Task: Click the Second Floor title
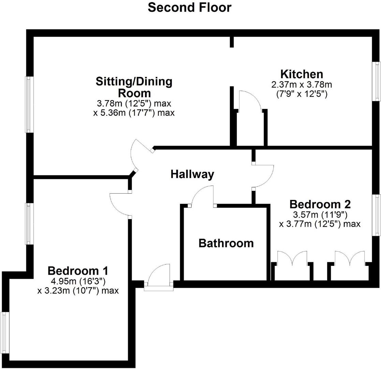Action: click(x=190, y=7)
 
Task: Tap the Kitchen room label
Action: click(x=302, y=74)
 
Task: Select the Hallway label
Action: click(x=192, y=174)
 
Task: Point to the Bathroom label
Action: click(x=226, y=243)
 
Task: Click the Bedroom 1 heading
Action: click(x=78, y=271)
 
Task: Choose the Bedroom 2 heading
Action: click(x=320, y=204)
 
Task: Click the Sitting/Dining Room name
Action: click(x=134, y=87)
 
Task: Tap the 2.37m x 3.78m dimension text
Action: click(x=302, y=85)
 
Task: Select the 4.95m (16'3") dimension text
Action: click(x=78, y=282)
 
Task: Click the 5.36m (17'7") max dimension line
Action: click(x=134, y=113)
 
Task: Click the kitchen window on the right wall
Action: click(x=377, y=81)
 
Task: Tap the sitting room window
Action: click(x=29, y=105)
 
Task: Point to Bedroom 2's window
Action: click(x=377, y=215)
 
